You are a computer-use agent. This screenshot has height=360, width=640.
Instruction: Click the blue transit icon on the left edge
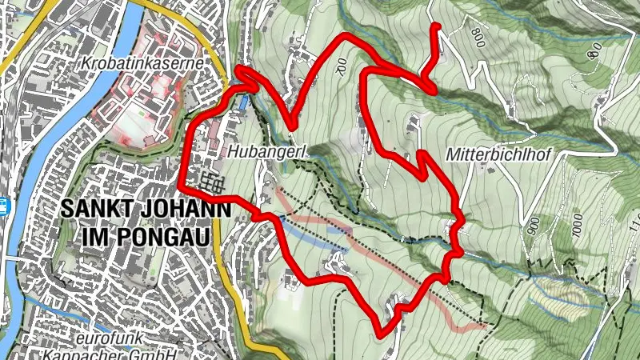click(x=4, y=206)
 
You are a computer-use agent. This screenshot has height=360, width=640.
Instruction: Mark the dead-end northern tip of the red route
click(x=437, y=26)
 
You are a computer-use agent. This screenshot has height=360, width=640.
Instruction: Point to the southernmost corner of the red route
click(x=380, y=332)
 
